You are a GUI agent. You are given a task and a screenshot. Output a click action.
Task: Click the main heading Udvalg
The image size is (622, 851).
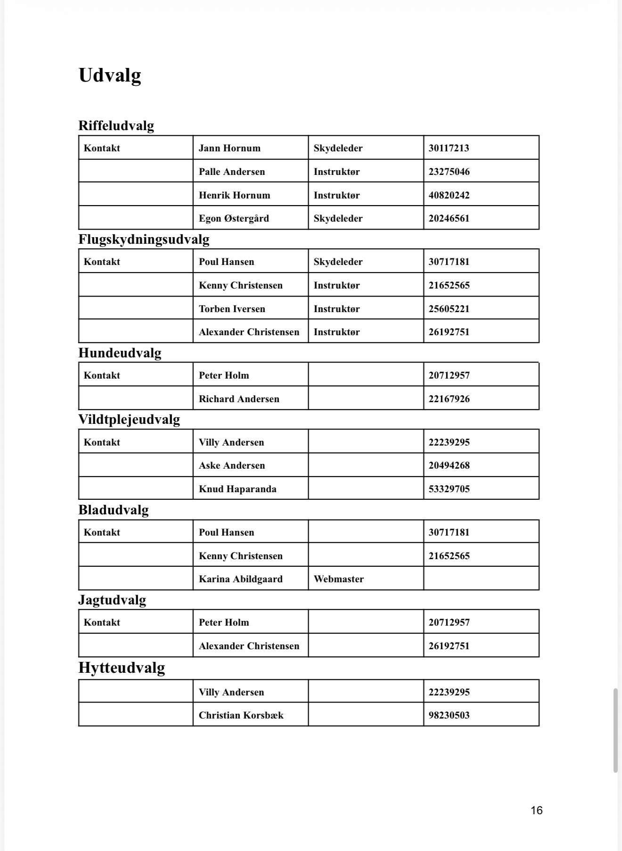[x=110, y=75]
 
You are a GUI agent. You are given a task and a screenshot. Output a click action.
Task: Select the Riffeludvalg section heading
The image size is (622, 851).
[x=116, y=125]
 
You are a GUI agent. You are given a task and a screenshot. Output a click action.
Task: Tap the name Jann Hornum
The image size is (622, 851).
[x=229, y=148]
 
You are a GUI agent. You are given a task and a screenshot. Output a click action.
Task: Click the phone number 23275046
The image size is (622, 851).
[x=449, y=172]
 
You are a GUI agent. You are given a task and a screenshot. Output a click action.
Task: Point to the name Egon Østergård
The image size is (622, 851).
[x=234, y=218]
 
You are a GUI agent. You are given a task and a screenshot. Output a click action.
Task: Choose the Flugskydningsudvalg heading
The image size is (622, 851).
[x=144, y=240]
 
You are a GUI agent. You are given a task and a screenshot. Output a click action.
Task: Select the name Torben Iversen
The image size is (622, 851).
[x=232, y=309]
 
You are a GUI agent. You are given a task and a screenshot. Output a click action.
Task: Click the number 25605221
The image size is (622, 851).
[x=449, y=309]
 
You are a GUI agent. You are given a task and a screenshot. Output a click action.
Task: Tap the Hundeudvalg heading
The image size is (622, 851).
[x=120, y=353]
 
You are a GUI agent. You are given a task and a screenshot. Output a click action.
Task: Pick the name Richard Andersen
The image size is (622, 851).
[x=239, y=399]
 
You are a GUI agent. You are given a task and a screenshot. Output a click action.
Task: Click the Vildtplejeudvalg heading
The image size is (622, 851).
[x=129, y=420]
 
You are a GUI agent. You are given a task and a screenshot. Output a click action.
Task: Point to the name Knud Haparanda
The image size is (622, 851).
[x=237, y=489]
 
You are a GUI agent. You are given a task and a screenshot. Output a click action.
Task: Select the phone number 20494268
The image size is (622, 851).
[x=449, y=465]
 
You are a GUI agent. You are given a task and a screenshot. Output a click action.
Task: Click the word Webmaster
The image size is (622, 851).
[x=339, y=579]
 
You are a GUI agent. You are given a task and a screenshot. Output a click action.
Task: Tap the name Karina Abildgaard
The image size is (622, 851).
[x=241, y=579]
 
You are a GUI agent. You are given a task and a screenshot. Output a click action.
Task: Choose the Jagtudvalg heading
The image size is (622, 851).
[x=112, y=600]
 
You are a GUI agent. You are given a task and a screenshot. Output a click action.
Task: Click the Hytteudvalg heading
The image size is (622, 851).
[x=122, y=668]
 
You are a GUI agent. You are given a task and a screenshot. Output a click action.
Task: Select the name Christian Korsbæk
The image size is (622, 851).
[x=241, y=715]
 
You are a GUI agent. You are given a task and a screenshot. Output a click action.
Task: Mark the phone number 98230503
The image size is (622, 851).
[x=449, y=715]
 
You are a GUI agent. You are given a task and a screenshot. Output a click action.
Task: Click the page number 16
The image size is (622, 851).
[x=537, y=810]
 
